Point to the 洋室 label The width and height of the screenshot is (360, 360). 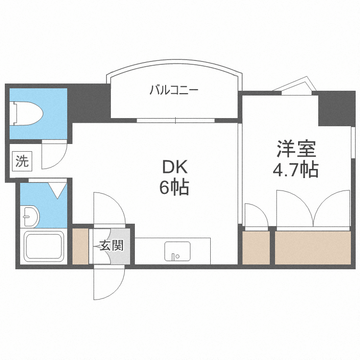tap(296, 149)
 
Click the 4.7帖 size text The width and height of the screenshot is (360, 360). tap(296, 170)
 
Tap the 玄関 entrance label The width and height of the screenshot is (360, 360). tap(111, 246)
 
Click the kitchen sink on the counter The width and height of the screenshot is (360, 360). tap(177, 251)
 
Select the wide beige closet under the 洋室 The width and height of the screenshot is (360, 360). tap(313, 247)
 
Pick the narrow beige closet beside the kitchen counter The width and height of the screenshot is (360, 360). tap(255, 247)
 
